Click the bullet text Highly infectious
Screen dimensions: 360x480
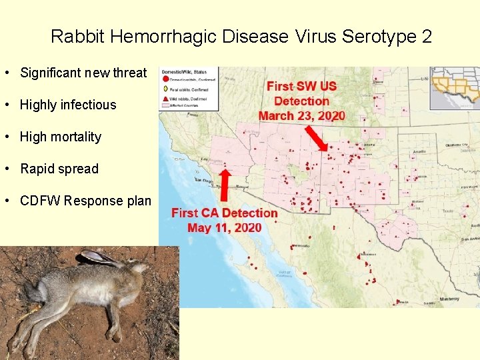[68, 105]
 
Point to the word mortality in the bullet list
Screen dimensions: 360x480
[76, 137]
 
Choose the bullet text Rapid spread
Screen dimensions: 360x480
[59, 169]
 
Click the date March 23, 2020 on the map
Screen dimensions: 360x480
[302, 115]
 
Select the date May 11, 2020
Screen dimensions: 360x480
[225, 227]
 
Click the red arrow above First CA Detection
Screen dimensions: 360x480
[225, 187]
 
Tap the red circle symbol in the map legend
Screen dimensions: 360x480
[165, 80]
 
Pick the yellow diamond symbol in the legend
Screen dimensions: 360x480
[165, 89]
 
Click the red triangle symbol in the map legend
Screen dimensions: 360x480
[165, 96]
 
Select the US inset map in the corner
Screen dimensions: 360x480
[455, 87]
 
